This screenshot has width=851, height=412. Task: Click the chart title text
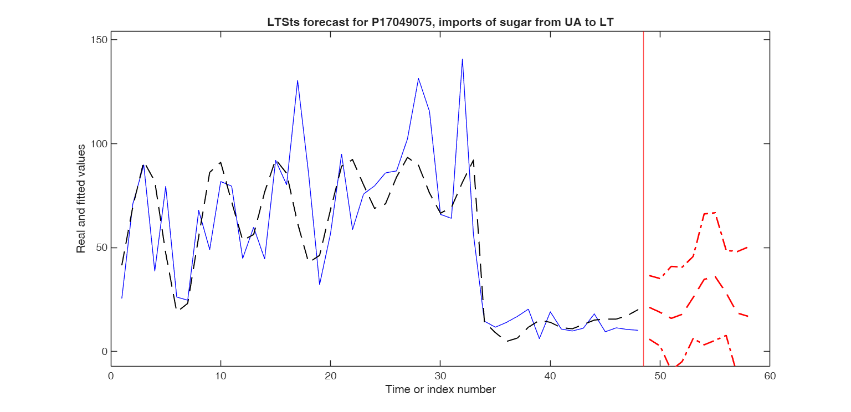[440, 22]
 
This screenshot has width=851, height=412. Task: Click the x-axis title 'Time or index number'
[440, 390]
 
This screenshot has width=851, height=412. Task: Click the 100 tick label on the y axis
[100, 143]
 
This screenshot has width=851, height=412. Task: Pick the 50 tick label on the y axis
[102, 248]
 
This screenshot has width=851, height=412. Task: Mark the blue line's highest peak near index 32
[462, 59]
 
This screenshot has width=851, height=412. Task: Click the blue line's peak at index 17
[298, 81]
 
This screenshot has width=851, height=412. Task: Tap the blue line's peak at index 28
[418, 79]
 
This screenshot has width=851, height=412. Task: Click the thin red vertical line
[643, 199]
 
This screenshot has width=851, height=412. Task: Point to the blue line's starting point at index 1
[122, 298]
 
